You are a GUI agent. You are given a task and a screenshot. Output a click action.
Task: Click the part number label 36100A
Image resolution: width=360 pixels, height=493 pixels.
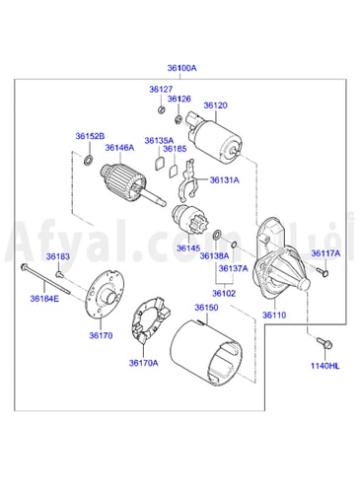pos(181,68)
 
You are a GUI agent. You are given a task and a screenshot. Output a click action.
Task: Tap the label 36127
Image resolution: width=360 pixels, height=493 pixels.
pos(161,89)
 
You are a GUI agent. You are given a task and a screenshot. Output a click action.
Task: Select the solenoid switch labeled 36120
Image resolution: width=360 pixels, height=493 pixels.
pos(214,138)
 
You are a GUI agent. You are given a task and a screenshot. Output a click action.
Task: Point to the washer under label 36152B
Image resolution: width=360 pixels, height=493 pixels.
pos(89,160)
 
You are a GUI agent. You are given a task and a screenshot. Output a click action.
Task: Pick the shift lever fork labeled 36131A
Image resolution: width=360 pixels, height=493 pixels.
pos(188,180)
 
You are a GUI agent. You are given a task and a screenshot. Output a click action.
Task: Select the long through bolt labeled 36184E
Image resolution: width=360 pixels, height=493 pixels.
pos(45,279)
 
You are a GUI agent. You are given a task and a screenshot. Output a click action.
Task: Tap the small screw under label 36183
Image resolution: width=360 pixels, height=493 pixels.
pos(59,273)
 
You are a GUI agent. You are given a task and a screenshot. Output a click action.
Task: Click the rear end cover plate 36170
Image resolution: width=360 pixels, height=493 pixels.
pos(105,294)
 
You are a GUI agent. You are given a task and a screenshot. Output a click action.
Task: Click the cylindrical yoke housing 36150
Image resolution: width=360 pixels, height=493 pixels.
pos(206,352)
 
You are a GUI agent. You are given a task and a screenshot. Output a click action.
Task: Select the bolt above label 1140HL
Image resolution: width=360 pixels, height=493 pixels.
pos(324,342)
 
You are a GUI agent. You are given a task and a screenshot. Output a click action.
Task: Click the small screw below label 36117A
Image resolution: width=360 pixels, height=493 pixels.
pos(324,272)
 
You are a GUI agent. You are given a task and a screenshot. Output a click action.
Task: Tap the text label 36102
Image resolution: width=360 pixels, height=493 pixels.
pos(224,293)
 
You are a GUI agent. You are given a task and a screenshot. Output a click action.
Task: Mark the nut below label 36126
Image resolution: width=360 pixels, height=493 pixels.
pos(179,119)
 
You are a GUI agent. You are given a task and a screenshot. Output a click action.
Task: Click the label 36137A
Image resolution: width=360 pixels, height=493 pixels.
pos(233,268)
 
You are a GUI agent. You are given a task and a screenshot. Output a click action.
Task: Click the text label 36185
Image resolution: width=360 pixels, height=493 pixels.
pos(175,149)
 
